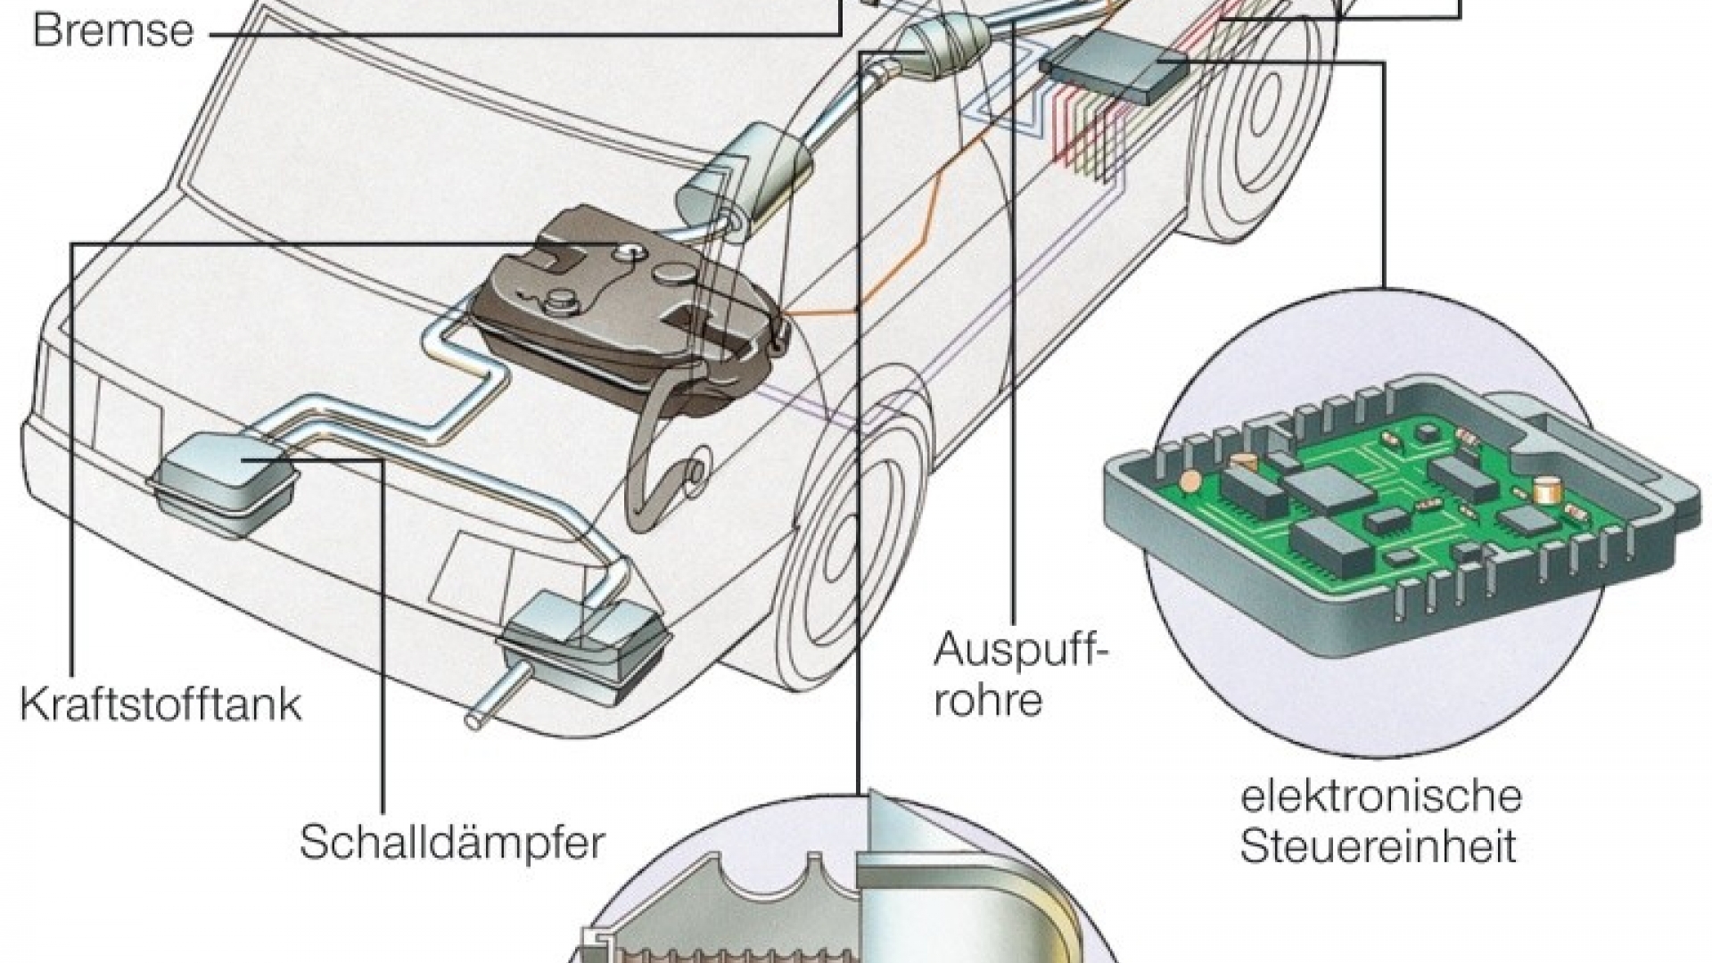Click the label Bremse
coord(112,30)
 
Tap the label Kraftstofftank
coord(160,704)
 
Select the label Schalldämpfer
coord(451,842)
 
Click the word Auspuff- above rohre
coord(1021,651)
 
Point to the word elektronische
coord(1380,796)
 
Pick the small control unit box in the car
coord(1115,67)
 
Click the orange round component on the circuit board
coord(1189,481)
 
